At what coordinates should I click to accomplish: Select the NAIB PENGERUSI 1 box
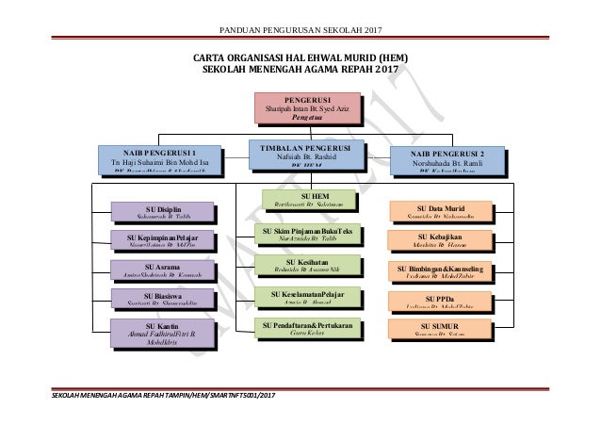pos(159,158)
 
